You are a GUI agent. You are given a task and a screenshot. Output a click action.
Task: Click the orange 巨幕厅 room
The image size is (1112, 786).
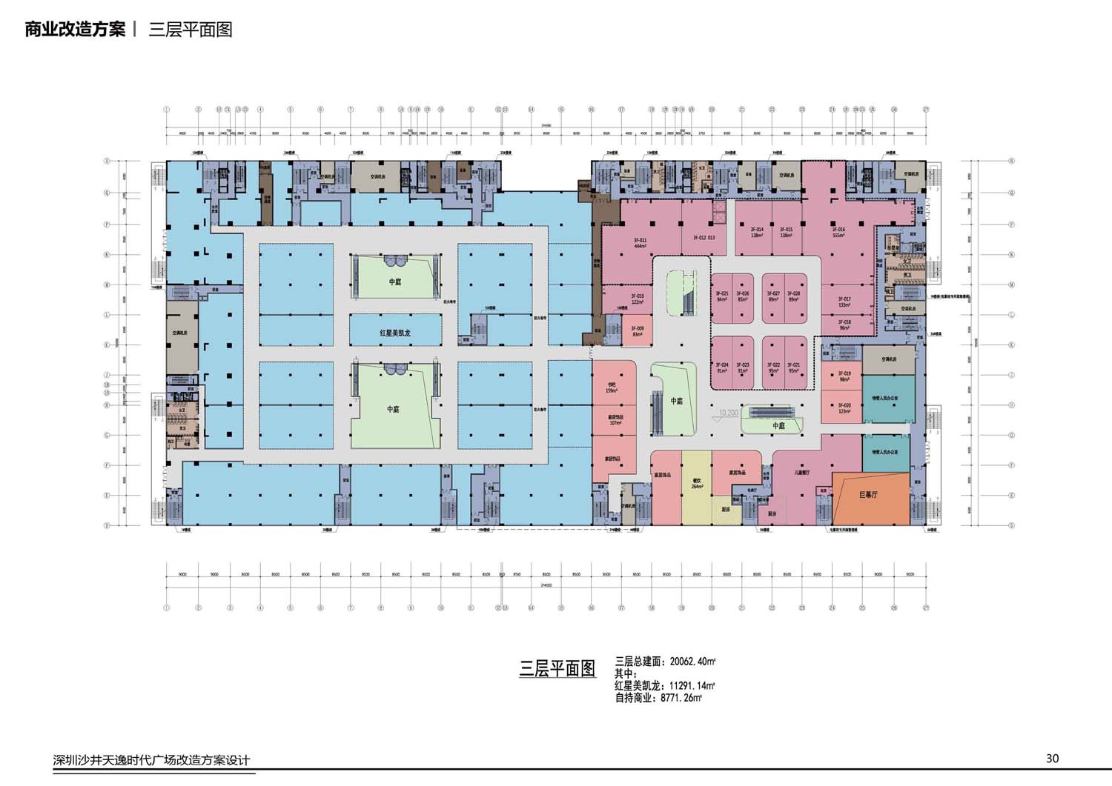pos(869,495)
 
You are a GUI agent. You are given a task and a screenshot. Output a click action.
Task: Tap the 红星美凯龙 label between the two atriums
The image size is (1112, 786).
pos(395,333)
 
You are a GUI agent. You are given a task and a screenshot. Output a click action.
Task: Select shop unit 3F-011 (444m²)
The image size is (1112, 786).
pos(640,243)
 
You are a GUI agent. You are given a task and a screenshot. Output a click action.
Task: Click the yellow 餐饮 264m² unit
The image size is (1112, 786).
pos(697,483)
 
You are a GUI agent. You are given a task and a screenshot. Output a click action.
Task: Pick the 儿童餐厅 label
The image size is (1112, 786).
pos(802,472)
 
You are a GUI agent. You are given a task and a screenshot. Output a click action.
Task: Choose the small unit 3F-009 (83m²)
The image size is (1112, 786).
pos(638,331)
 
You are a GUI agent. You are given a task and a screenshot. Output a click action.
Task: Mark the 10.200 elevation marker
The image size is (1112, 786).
pos(728,413)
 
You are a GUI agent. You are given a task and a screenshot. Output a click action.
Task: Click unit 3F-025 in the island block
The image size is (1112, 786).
pos(722,296)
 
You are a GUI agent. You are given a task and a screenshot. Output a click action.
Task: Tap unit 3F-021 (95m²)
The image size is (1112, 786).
pos(793,367)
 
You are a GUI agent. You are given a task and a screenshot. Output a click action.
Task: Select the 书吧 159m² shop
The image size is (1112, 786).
pos(612,387)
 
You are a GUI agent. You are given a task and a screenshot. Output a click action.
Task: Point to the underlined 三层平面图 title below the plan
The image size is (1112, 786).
pos(557,668)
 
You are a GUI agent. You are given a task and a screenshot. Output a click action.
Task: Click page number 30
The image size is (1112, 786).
pos(1052,758)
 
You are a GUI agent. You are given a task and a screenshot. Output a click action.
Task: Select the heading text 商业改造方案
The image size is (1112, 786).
pos(75,30)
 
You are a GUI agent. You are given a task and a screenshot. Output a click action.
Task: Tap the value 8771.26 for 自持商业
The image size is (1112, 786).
pos(680,697)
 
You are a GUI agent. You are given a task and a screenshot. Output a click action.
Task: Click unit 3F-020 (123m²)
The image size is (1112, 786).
pos(844,408)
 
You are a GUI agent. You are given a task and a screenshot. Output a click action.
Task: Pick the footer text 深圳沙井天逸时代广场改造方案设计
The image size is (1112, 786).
pos(152,760)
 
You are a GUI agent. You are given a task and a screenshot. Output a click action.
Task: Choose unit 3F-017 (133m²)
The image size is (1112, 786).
pos(844,302)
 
